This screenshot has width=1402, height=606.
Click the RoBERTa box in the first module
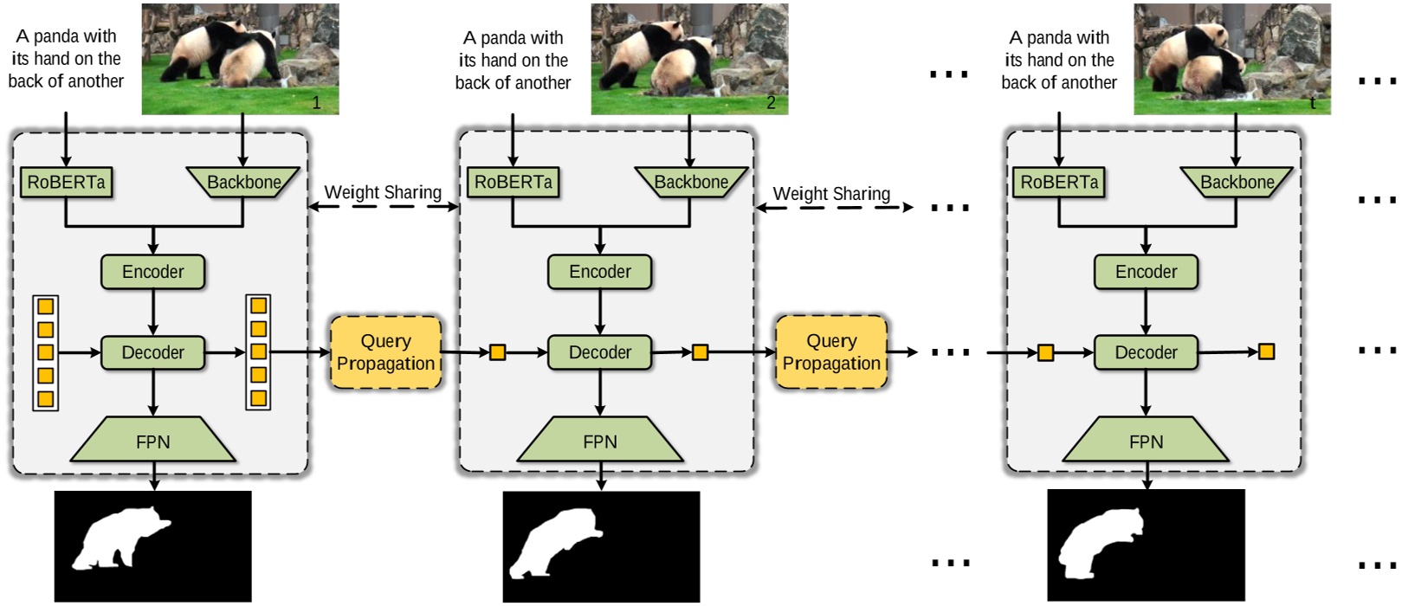coord(66,183)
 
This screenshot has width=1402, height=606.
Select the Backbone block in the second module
coord(691,183)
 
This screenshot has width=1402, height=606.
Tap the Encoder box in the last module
coord(1146,272)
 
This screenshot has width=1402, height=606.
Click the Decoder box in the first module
coord(152,352)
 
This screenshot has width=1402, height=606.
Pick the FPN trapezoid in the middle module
coord(600,442)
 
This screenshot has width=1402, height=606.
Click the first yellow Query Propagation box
coord(385,352)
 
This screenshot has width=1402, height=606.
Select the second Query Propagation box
coord(831,352)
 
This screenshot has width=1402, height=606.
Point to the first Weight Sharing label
coord(383,192)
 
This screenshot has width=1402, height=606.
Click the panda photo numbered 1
coord(240,59)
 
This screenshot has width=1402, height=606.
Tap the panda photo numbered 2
coord(689,59)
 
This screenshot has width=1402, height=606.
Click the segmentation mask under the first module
coord(153,545)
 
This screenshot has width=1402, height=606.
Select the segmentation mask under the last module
coord(1146,545)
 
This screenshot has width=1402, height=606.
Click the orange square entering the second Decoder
coord(498,352)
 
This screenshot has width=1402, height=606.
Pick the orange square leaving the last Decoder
coord(1266,351)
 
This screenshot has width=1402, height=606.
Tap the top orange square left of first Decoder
coord(46,306)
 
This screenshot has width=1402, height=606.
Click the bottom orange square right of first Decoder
coord(258,398)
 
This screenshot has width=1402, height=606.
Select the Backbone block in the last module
coord(1237,183)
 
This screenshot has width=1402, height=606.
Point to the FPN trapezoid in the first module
coord(152,442)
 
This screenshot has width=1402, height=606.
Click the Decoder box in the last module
coord(1146,352)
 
